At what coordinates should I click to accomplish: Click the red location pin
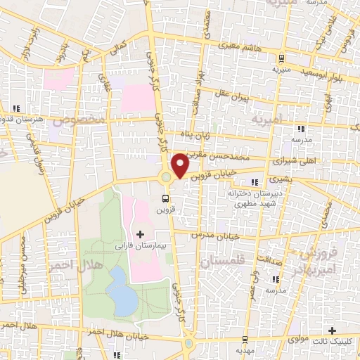[x=181, y=165]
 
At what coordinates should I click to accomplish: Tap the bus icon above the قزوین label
[x=166, y=198]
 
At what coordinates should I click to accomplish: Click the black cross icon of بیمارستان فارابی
[x=139, y=233]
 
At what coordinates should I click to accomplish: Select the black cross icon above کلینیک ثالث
[x=333, y=330]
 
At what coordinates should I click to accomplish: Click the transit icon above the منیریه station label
[x=282, y=58]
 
